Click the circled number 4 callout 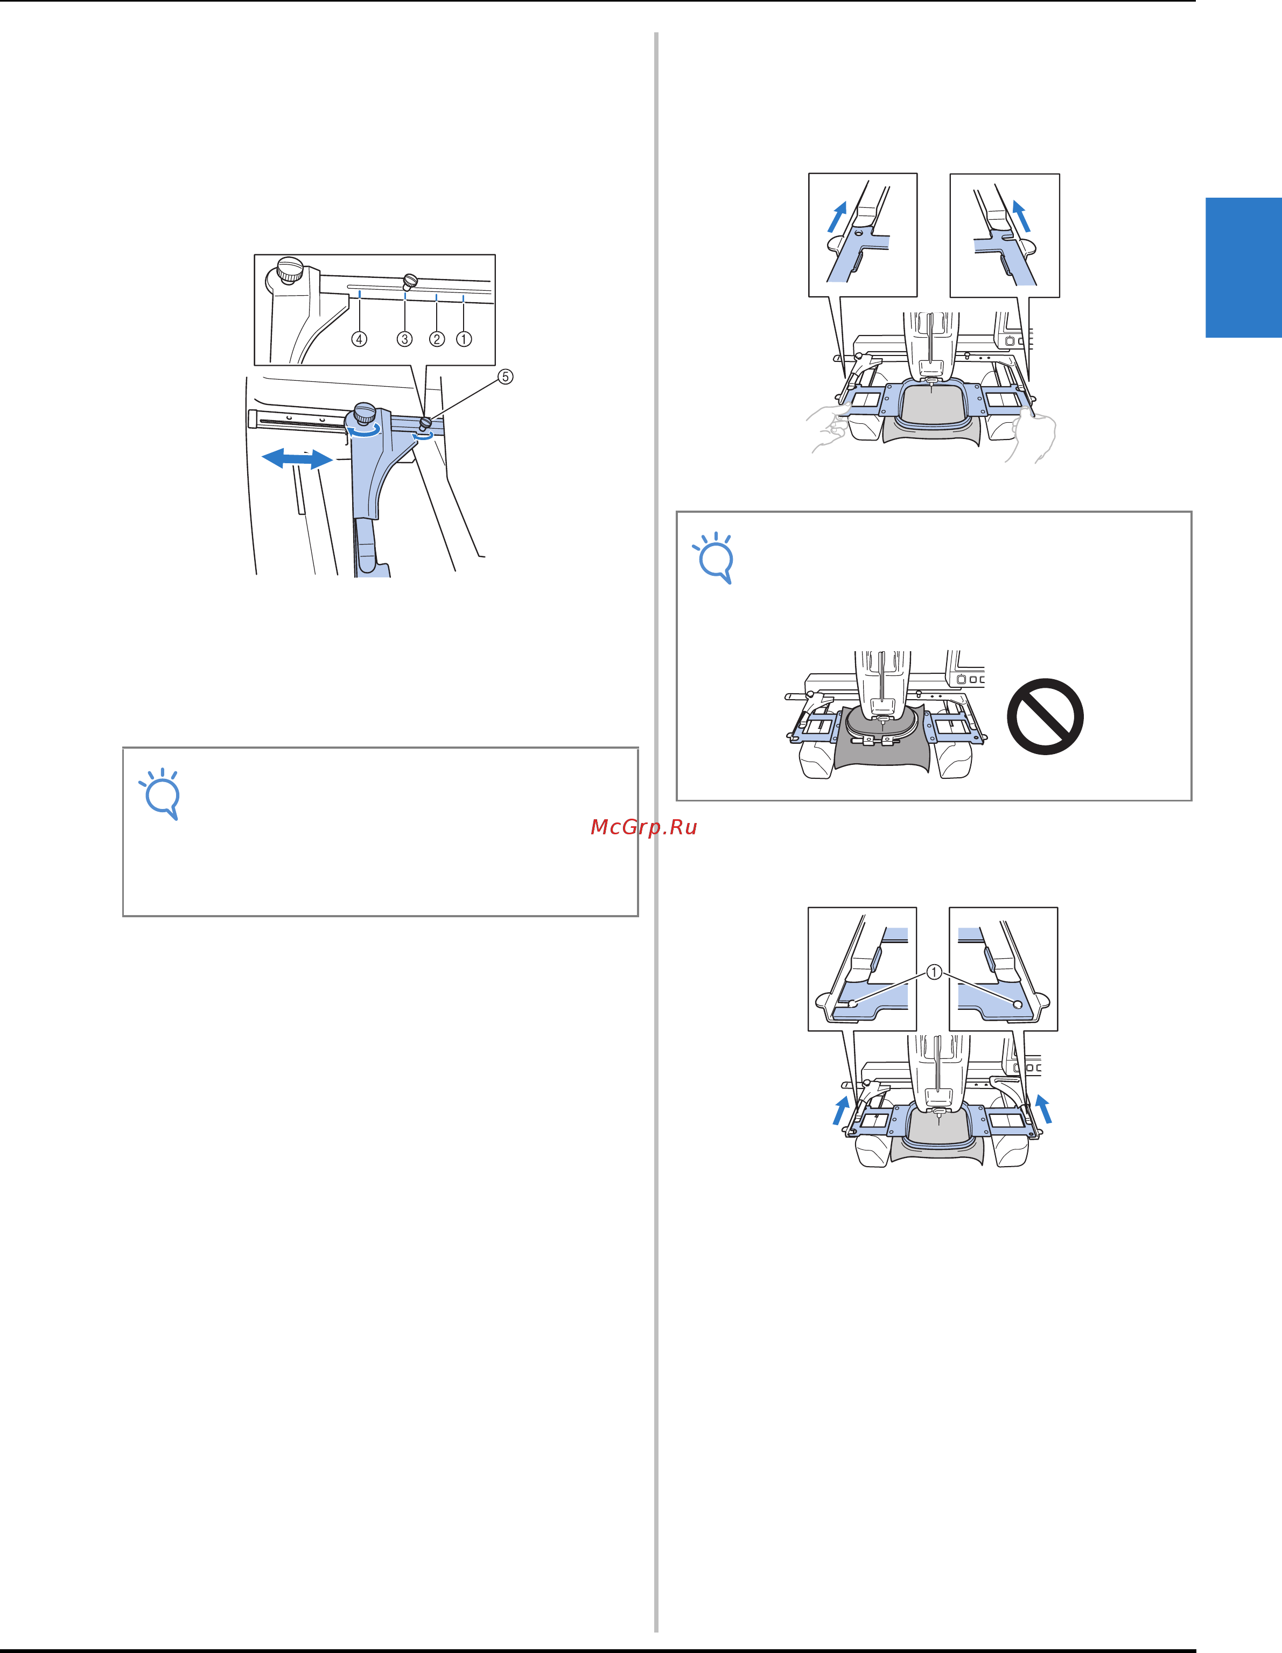[x=360, y=339]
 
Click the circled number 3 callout [x=405, y=339]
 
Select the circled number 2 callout [x=437, y=339]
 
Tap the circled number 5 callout [x=506, y=376]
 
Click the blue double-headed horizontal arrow [x=297, y=458]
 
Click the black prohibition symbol [x=1045, y=716]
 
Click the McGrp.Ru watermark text [x=643, y=827]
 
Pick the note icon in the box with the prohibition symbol [x=713, y=559]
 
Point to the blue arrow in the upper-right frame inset [x=1021, y=215]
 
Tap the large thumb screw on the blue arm [x=365, y=415]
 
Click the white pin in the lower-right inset [x=1017, y=1003]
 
